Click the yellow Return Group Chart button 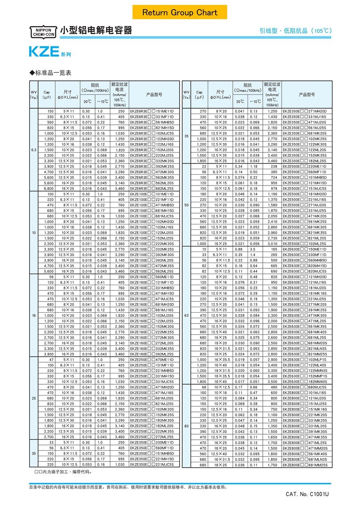click(180, 12)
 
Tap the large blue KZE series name click(44, 52)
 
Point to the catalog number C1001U click(307, 494)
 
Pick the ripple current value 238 click(274, 166)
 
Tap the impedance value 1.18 click(254, 166)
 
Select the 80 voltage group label click(186, 426)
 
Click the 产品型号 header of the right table click(307, 95)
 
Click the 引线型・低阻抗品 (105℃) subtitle click(295, 31)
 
